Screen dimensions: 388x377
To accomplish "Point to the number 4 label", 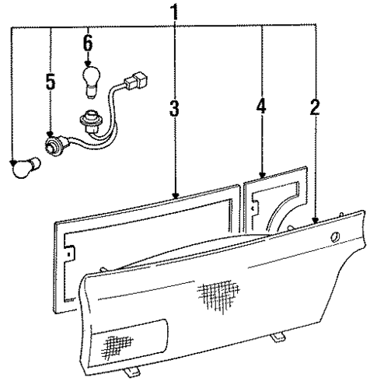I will click(262, 107).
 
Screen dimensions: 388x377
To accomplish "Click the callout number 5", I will click(51, 81).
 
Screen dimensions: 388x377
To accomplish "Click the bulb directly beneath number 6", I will click(89, 79).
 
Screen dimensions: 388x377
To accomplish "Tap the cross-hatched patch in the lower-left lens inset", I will click(117, 343).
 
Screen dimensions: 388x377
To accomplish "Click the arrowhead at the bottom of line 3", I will click(176, 197).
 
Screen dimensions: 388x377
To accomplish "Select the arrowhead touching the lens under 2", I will click(315, 221).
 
